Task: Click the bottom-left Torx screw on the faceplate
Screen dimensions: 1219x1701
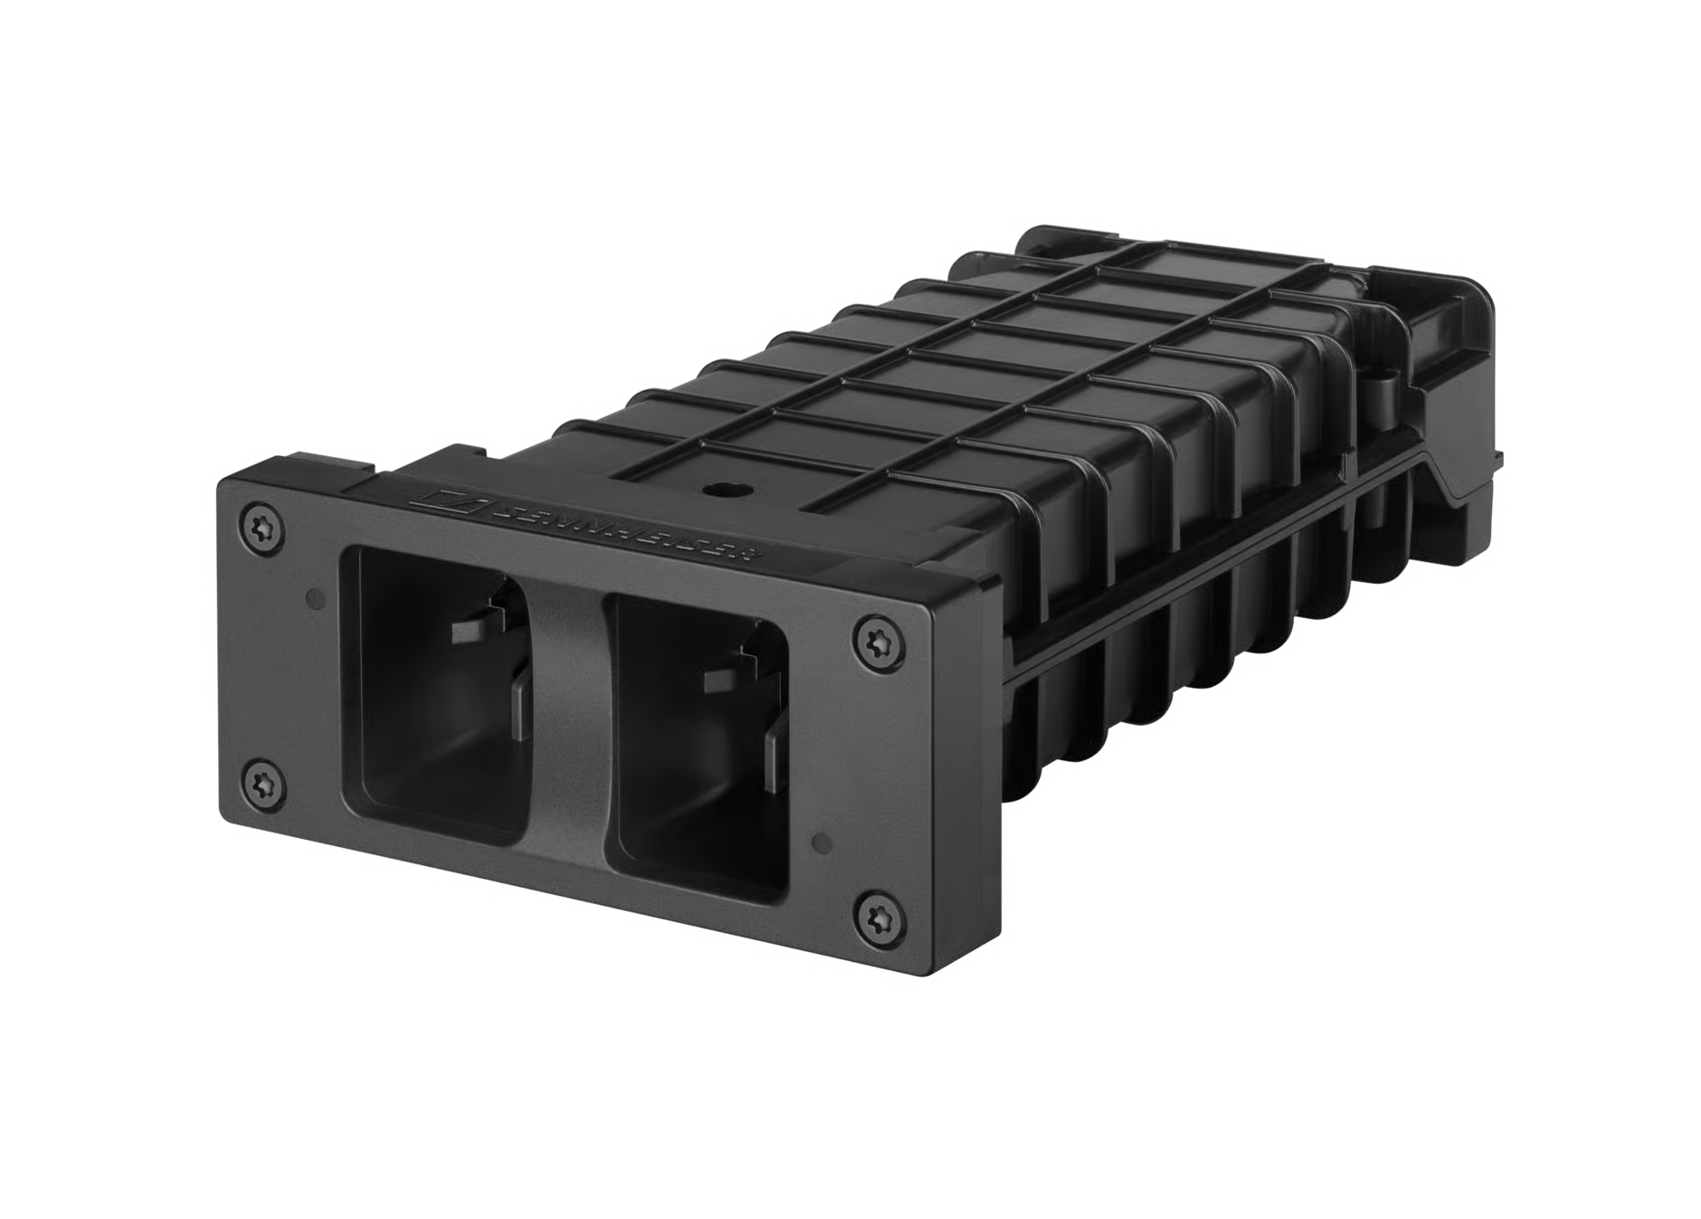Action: coord(262,780)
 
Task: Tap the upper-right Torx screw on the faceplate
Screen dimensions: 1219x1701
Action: coord(873,642)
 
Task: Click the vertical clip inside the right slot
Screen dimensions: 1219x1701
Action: coord(774,769)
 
